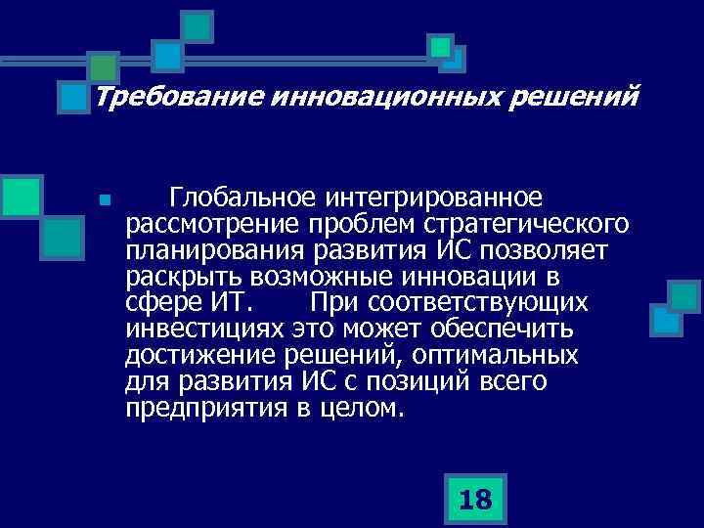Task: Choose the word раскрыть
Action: point(177,277)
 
